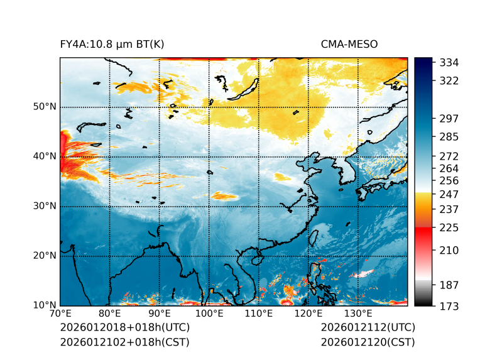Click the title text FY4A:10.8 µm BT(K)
[x=112, y=44]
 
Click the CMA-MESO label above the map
[x=349, y=44]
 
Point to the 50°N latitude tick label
[x=45, y=107]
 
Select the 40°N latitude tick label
[x=45, y=156]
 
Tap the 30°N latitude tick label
[x=45, y=206]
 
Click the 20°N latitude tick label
[x=45, y=256]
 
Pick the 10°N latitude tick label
[x=45, y=305]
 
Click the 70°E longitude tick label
[x=60, y=314]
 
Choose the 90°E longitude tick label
[x=160, y=314]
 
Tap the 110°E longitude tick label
[x=259, y=314]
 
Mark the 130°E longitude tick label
[x=358, y=314]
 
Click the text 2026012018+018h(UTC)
[x=124, y=328]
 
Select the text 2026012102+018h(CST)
[x=124, y=342]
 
